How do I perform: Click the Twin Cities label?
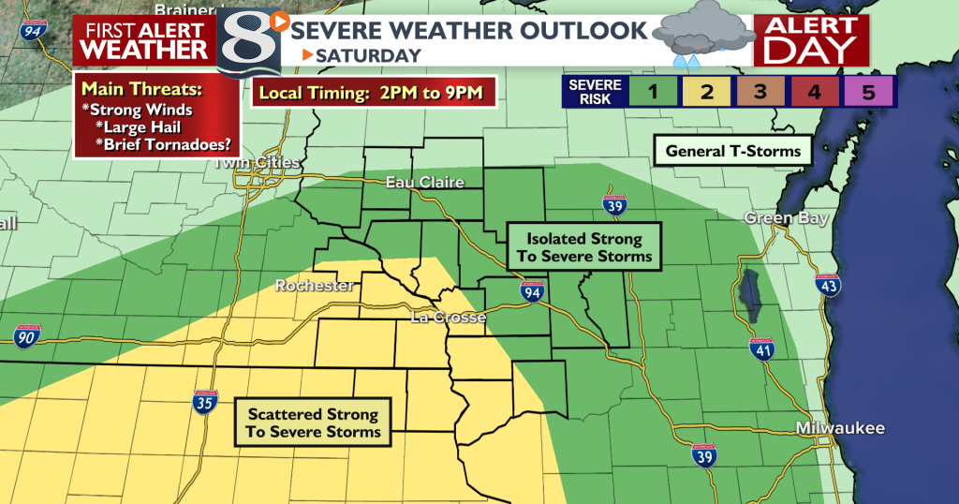pyautogui.click(x=257, y=163)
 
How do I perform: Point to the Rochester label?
pyautogui.click(x=315, y=286)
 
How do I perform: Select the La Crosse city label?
pyautogui.click(x=449, y=318)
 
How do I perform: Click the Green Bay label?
pyautogui.click(x=773, y=218)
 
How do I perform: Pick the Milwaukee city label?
pyautogui.click(x=839, y=428)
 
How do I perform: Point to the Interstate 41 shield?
pyautogui.click(x=761, y=351)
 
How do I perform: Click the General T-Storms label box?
pyautogui.click(x=732, y=151)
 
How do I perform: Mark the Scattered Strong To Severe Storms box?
pyautogui.click(x=313, y=422)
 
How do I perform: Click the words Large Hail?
pyautogui.click(x=159, y=127)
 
